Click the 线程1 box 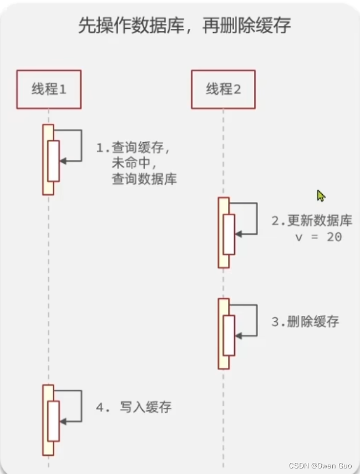click(x=49, y=89)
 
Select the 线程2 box click(x=224, y=89)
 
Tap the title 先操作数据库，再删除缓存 click(x=185, y=26)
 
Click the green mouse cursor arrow click(x=321, y=195)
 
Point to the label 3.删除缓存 click(x=305, y=322)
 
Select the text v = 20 click(x=318, y=236)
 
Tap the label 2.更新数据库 click(x=311, y=220)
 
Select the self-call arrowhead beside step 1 click(x=62, y=161)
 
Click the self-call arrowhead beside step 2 click(x=237, y=235)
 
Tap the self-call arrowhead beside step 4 click(x=62, y=422)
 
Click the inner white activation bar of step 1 click(x=53, y=161)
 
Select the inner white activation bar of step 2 click(x=229, y=234)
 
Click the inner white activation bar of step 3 click(x=229, y=335)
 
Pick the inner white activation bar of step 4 click(x=53, y=421)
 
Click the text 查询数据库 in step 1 click(x=143, y=179)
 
